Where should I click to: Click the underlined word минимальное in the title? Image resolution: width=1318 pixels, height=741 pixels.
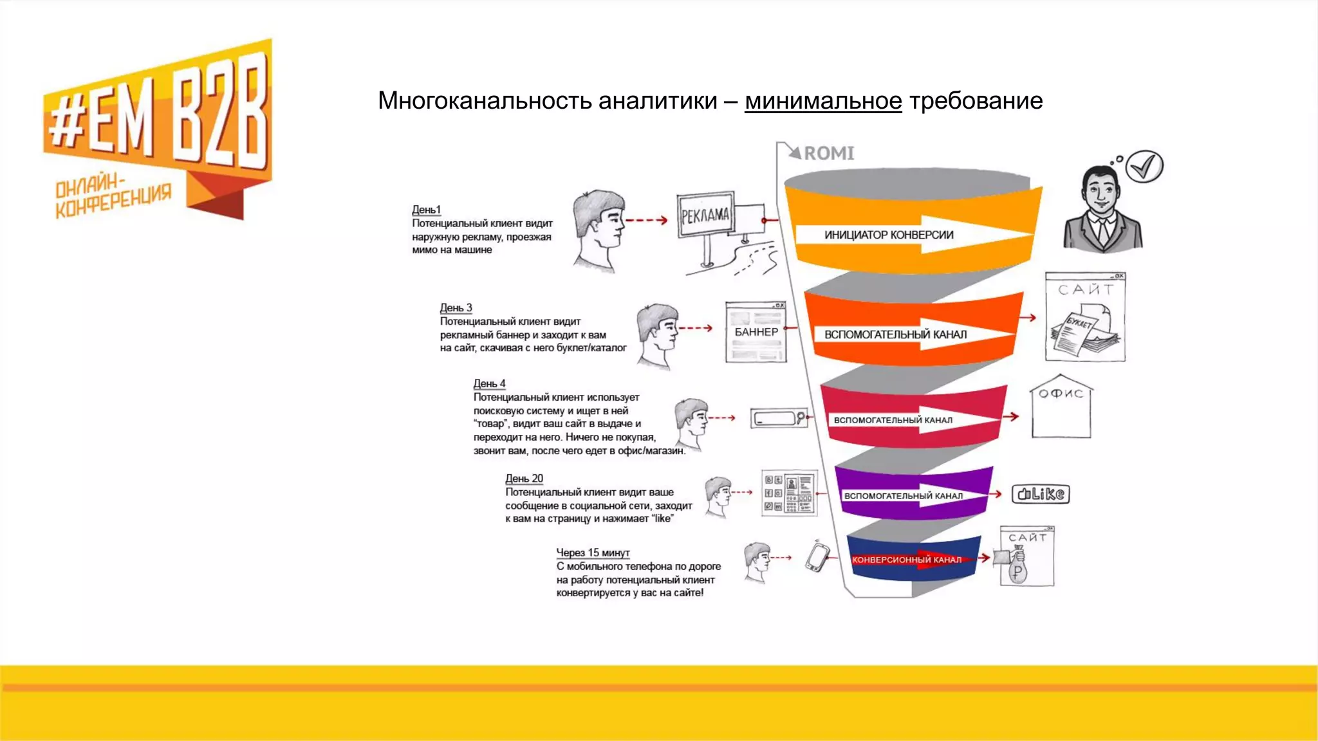point(823,101)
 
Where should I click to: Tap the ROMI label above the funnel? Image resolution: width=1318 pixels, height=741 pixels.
point(829,153)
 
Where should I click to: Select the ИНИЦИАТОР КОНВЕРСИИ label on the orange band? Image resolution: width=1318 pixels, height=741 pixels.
point(889,235)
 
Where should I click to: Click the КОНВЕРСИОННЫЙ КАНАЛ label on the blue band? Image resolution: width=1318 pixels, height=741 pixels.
point(906,560)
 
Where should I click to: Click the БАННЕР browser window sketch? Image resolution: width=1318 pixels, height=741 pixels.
point(756,332)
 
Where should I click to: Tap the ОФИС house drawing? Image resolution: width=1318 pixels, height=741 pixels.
point(1061,408)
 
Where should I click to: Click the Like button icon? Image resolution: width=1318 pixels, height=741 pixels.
point(1041,494)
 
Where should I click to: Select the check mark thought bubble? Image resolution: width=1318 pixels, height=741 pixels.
point(1144,167)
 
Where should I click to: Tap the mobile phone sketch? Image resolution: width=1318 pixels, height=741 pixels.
point(817,557)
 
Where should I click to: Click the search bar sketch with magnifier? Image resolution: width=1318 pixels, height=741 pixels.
point(778,418)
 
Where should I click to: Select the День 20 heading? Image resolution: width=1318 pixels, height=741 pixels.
point(524,479)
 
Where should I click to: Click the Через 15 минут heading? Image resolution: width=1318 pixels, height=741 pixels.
point(593,553)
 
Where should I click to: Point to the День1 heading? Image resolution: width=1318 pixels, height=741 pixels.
point(426,210)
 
